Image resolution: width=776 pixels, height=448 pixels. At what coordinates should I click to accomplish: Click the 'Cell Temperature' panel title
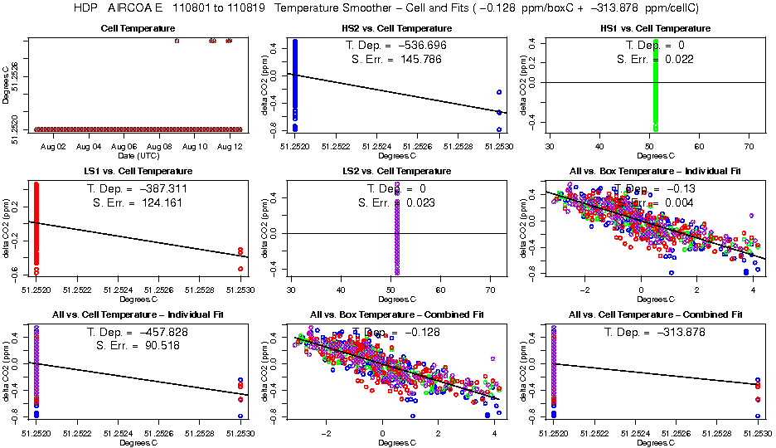(138, 28)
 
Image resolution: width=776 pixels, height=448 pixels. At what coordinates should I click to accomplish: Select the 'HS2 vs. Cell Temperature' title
(396, 28)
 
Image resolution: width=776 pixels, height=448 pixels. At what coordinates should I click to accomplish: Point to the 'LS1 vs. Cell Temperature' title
(138, 171)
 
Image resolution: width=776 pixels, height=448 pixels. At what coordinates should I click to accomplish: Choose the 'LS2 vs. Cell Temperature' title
(396, 171)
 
